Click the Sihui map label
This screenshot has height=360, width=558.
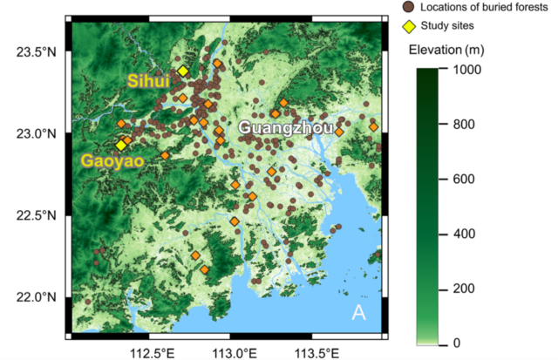click(149, 81)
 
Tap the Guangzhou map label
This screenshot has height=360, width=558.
click(285, 128)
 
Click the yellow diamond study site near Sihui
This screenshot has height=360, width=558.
click(183, 71)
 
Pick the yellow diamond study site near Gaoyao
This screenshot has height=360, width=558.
click(121, 146)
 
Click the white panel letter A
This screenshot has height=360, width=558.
click(358, 314)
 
